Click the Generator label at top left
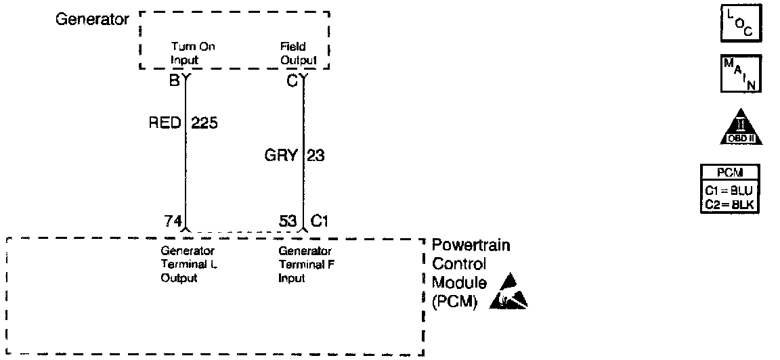click(91, 19)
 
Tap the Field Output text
click(298, 53)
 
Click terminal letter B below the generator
click(174, 82)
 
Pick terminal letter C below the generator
click(291, 82)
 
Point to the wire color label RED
click(165, 123)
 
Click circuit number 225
click(204, 123)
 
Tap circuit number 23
click(316, 156)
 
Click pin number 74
click(172, 221)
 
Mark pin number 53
click(288, 221)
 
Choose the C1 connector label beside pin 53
click(320, 221)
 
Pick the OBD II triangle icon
click(740, 126)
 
